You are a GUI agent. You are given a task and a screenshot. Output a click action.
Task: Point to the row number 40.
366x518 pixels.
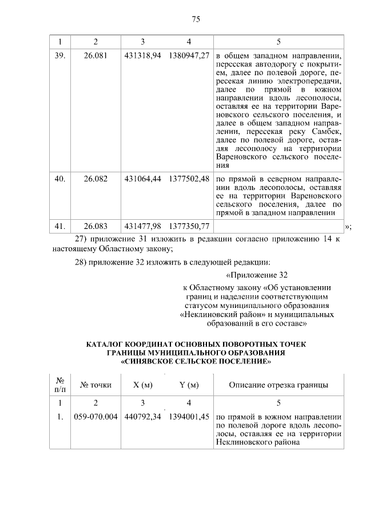(x=59, y=179)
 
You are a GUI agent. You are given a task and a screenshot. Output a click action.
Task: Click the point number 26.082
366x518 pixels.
(x=96, y=179)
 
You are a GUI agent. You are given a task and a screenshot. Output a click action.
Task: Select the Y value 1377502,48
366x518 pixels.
(x=189, y=179)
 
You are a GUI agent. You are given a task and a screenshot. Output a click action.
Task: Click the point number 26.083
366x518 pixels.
(x=96, y=227)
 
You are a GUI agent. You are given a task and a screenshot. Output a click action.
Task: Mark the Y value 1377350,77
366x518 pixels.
(x=189, y=227)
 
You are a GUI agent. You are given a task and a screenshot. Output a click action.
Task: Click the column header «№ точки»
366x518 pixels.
(x=96, y=385)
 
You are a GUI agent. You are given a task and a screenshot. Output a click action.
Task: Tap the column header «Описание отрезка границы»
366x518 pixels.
(x=279, y=385)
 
